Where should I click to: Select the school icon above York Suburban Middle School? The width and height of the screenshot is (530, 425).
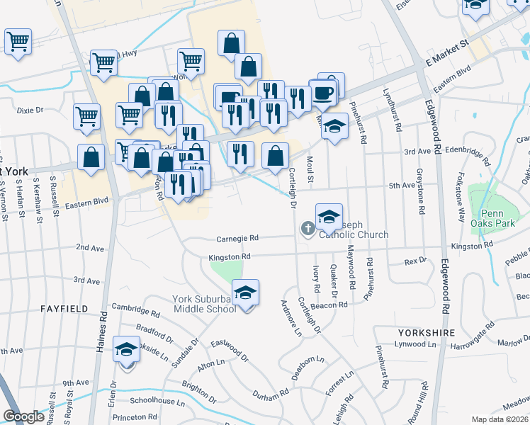(245, 293)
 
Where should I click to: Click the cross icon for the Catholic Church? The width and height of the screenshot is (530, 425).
(308, 227)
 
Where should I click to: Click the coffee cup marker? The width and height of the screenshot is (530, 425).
(323, 93)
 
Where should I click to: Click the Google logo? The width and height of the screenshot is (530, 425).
(23, 416)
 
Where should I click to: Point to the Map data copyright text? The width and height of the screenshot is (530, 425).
(500, 419)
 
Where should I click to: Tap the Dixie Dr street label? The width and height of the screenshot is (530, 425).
(30, 110)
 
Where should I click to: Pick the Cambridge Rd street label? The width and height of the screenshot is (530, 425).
(136, 310)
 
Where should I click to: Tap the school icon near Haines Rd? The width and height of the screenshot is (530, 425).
(127, 349)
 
